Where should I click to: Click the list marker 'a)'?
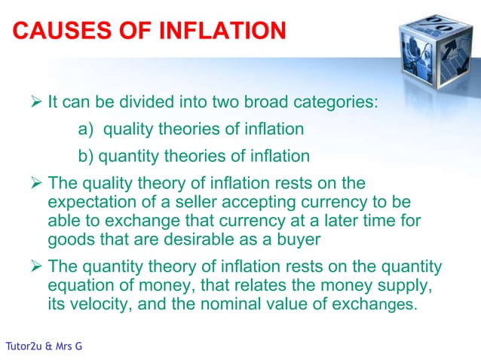click(x=86, y=130)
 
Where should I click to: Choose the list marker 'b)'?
click(x=86, y=157)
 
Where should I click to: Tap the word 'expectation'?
click(x=88, y=204)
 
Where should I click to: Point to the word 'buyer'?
click(x=301, y=240)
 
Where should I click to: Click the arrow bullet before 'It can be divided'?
click(x=36, y=102)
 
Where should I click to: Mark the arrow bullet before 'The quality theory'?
click(x=36, y=184)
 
